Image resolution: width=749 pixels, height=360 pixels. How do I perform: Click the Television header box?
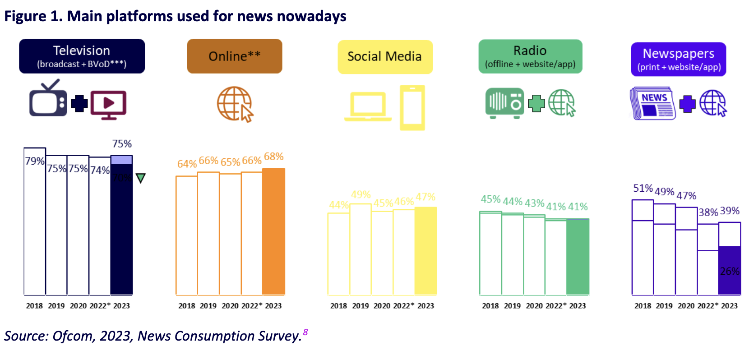point(82,56)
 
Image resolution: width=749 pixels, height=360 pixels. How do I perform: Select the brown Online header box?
point(234,56)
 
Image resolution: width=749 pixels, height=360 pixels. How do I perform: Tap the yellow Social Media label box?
point(385,57)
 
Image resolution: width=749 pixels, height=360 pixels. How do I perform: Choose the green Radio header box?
point(530,56)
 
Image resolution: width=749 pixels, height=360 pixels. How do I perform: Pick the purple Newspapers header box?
point(678,59)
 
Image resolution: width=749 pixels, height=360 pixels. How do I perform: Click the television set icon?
point(48,100)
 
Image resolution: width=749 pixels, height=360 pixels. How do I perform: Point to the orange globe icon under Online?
point(235,104)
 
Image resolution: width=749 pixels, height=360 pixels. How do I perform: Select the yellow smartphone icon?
point(412,107)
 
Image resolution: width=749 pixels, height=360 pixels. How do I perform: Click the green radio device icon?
point(504,103)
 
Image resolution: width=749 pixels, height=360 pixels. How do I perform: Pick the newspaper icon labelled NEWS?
point(652,103)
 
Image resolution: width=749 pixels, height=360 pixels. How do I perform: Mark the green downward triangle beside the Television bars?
point(141,178)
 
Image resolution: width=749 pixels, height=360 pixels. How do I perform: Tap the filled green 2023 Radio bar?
point(578,257)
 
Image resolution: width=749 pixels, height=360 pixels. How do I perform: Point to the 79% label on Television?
point(35,161)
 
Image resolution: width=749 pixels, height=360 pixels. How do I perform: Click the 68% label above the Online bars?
point(274,157)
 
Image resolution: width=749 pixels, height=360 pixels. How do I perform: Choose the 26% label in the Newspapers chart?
point(730,271)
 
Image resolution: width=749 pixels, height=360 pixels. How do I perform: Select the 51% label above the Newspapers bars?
point(643,188)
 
